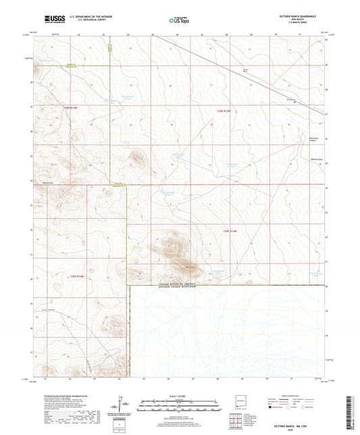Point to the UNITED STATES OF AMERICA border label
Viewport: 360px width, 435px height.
[x=165, y=285]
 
